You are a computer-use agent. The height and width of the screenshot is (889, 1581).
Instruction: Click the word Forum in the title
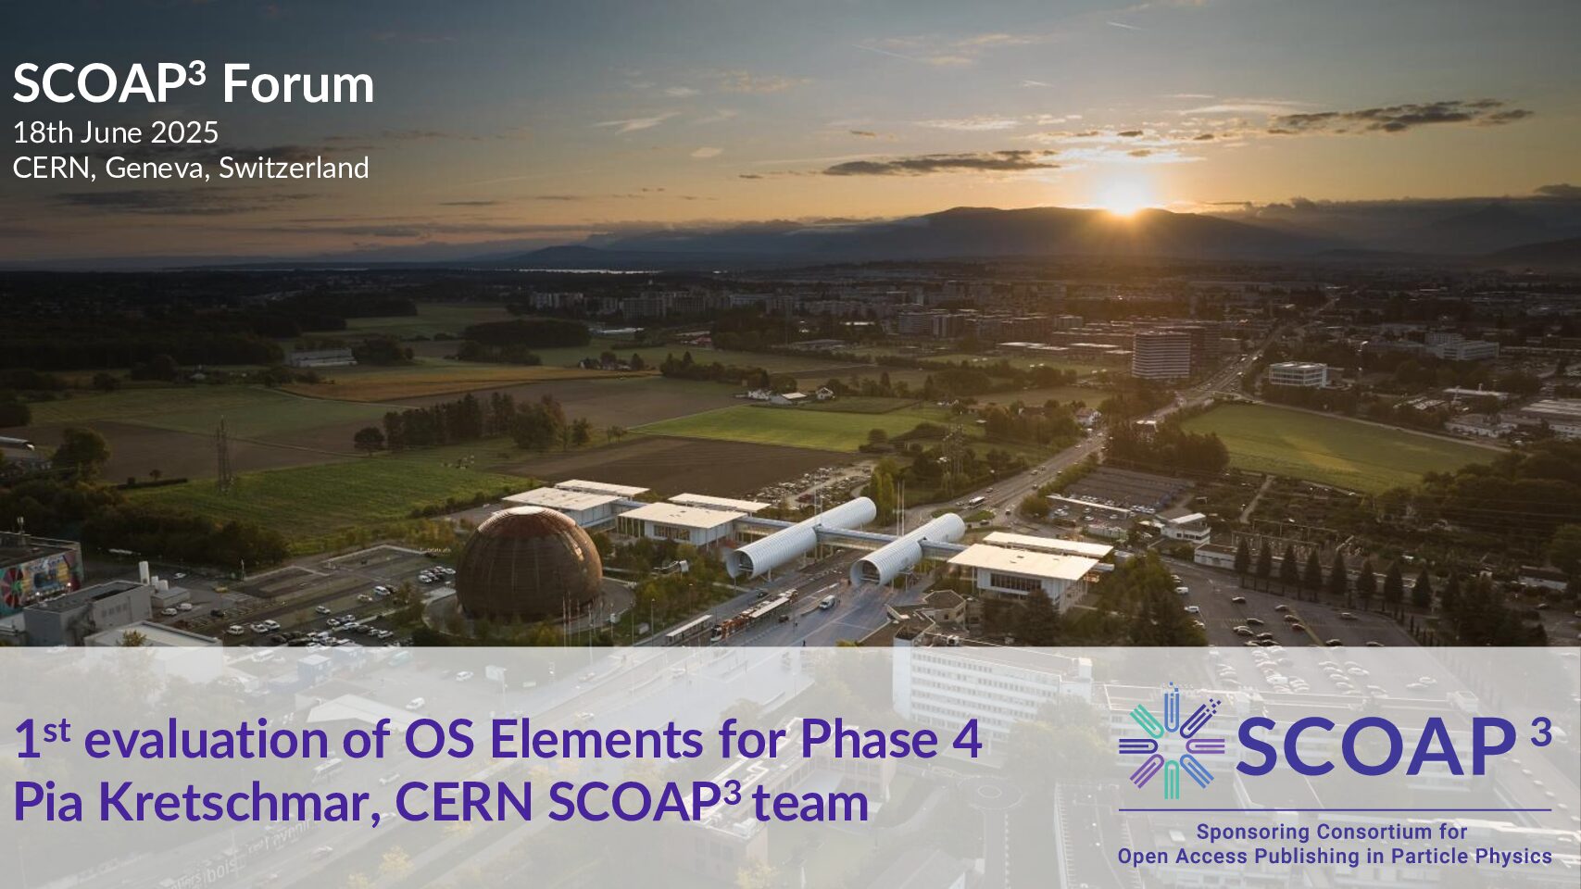[x=298, y=84]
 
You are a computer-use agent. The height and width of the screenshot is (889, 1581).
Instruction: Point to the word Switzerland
[x=294, y=168]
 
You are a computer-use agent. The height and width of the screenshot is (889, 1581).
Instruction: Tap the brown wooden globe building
[x=529, y=565]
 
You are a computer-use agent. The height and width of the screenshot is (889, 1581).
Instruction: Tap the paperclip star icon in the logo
[x=1172, y=742]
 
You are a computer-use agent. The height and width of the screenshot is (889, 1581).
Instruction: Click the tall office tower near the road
[x=1161, y=355]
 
